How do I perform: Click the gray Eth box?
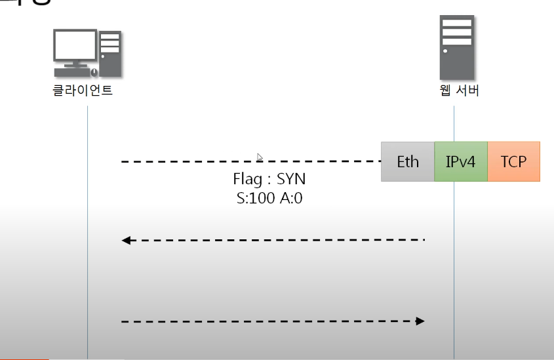(x=407, y=161)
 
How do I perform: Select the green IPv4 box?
(x=460, y=161)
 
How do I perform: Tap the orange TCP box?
(x=513, y=161)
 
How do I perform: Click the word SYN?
(x=291, y=179)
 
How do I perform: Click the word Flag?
(x=247, y=179)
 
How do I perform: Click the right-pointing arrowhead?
(x=420, y=321)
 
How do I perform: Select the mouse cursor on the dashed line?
(x=260, y=157)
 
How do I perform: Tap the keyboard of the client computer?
(x=73, y=71)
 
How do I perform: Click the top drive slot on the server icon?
(x=457, y=22)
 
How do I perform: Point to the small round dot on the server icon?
(x=446, y=50)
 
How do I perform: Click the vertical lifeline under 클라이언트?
(x=87, y=262)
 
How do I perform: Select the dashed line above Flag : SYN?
(x=197, y=161)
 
